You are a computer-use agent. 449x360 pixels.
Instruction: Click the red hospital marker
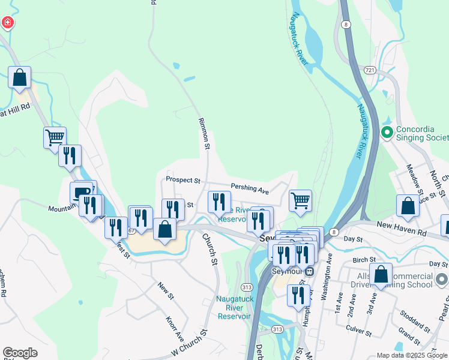[x=7, y=23]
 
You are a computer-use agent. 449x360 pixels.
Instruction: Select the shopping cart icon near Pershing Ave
[x=300, y=200]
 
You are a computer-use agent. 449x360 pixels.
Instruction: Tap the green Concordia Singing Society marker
[x=387, y=131]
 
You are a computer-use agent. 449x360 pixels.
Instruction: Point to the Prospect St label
[x=182, y=179]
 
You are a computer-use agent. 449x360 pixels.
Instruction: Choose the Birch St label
[x=364, y=260]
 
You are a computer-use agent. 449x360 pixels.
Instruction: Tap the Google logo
[x=20, y=353]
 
